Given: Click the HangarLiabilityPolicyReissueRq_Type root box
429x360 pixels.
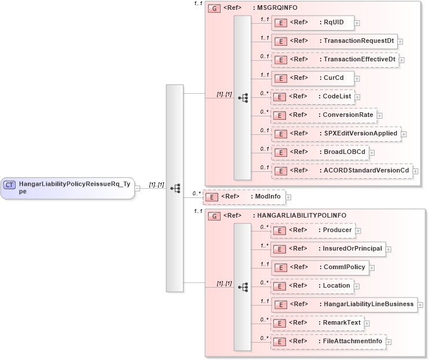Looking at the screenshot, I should click(x=68, y=188).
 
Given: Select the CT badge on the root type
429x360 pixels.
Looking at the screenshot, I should click(x=9, y=185).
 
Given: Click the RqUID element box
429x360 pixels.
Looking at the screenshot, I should click(x=313, y=23).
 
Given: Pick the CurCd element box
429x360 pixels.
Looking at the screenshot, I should click(x=313, y=78).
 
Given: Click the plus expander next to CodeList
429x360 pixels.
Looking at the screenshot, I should click(x=358, y=97).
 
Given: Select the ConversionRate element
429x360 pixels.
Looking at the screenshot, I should click(x=324, y=115).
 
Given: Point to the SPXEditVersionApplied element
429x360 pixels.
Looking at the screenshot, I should click(x=336, y=134).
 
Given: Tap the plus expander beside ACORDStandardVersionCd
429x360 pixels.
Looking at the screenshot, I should click(x=415, y=171).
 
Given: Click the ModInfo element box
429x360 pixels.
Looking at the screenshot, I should click(x=244, y=197).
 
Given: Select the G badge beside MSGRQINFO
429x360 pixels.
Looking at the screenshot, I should click(x=214, y=9).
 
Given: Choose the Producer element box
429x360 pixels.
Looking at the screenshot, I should click(x=313, y=230).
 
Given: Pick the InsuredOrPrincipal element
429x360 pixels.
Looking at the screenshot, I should click(x=328, y=249).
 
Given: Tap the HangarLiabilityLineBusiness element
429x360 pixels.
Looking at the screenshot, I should click(x=344, y=304).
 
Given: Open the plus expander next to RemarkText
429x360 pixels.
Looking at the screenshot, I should click(x=366, y=323).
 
